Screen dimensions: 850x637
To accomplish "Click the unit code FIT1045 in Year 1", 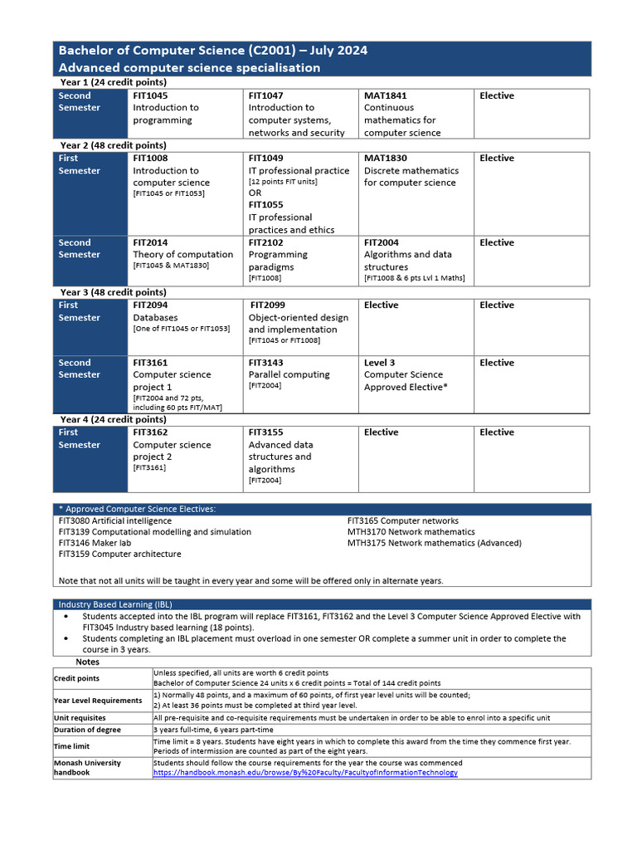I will [x=150, y=95].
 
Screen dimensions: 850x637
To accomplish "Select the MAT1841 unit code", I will [x=385, y=95].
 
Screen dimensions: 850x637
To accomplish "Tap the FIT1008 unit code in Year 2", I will [x=150, y=158].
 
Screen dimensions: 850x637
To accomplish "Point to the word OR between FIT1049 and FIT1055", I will [x=255, y=193].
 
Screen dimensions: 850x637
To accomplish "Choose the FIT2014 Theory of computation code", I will [x=150, y=242].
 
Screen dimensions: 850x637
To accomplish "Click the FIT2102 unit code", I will [x=265, y=242].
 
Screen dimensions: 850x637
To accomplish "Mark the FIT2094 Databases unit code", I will [x=150, y=305].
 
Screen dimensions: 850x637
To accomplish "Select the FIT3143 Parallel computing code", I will [x=265, y=363].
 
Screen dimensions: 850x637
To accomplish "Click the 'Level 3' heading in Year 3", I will [x=380, y=363].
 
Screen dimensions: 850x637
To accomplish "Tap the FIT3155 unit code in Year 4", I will [x=265, y=432].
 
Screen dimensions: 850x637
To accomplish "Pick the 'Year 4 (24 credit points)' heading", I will [x=114, y=420].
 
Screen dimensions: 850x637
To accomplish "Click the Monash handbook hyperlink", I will [x=304, y=773].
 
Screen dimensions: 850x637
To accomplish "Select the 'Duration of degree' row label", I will [x=87, y=730].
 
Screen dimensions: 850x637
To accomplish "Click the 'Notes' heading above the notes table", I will [x=87, y=662].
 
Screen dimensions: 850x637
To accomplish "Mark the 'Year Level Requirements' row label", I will [x=98, y=701].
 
